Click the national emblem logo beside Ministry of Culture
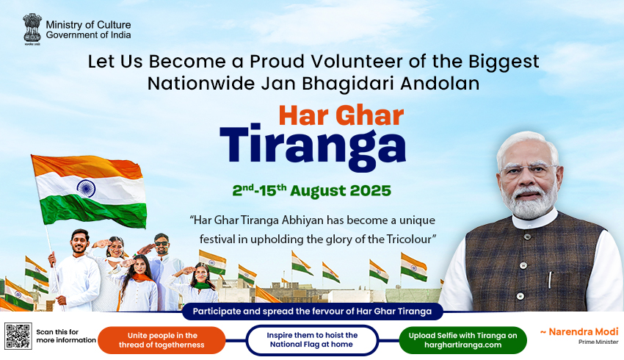tap(32, 29)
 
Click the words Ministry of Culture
tap(88, 25)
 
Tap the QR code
tap(18, 336)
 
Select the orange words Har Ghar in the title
tap(341, 115)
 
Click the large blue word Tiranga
tap(313, 146)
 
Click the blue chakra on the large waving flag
tap(86, 188)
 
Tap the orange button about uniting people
tap(162, 340)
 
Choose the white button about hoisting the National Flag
tap(312, 340)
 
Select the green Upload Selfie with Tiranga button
tap(462, 340)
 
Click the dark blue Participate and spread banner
tap(313, 312)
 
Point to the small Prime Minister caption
tap(598, 342)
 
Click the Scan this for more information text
tap(66, 336)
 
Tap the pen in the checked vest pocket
tap(550, 280)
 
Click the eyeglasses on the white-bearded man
tap(529, 170)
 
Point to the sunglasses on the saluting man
tap(162, 244)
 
